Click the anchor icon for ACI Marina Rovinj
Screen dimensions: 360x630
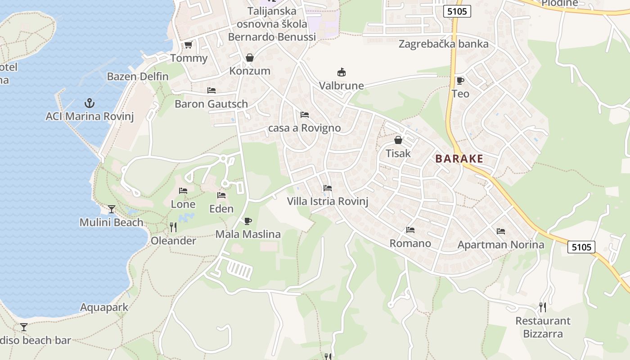coord(90,103)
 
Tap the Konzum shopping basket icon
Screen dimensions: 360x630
coord(250,58)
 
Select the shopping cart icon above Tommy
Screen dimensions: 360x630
coord(189,45)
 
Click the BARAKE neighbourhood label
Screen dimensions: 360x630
coord(459,158)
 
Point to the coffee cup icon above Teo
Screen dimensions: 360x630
coord(460,81)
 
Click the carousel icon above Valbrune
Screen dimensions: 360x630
coord(342,72)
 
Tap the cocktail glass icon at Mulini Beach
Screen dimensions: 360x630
coord(111,209)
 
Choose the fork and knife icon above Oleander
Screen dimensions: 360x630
coord(173,227)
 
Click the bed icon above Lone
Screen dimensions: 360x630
coord(183,191)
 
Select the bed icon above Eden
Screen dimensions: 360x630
coord(221,195)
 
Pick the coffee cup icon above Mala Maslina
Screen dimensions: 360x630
coord(247,221)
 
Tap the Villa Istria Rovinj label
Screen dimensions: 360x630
coord(328,201)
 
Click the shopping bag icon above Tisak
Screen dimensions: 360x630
coord(398,140)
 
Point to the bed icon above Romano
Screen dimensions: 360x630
coord(410,230)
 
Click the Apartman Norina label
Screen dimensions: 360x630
coord(501,245)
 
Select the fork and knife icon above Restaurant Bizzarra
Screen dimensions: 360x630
coord(543,307)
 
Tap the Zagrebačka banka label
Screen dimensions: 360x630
coord(443,44)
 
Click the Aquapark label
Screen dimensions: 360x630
coord(104,307)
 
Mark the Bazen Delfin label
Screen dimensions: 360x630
coord(138,76)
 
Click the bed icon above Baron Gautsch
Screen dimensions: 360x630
coord(211,90)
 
